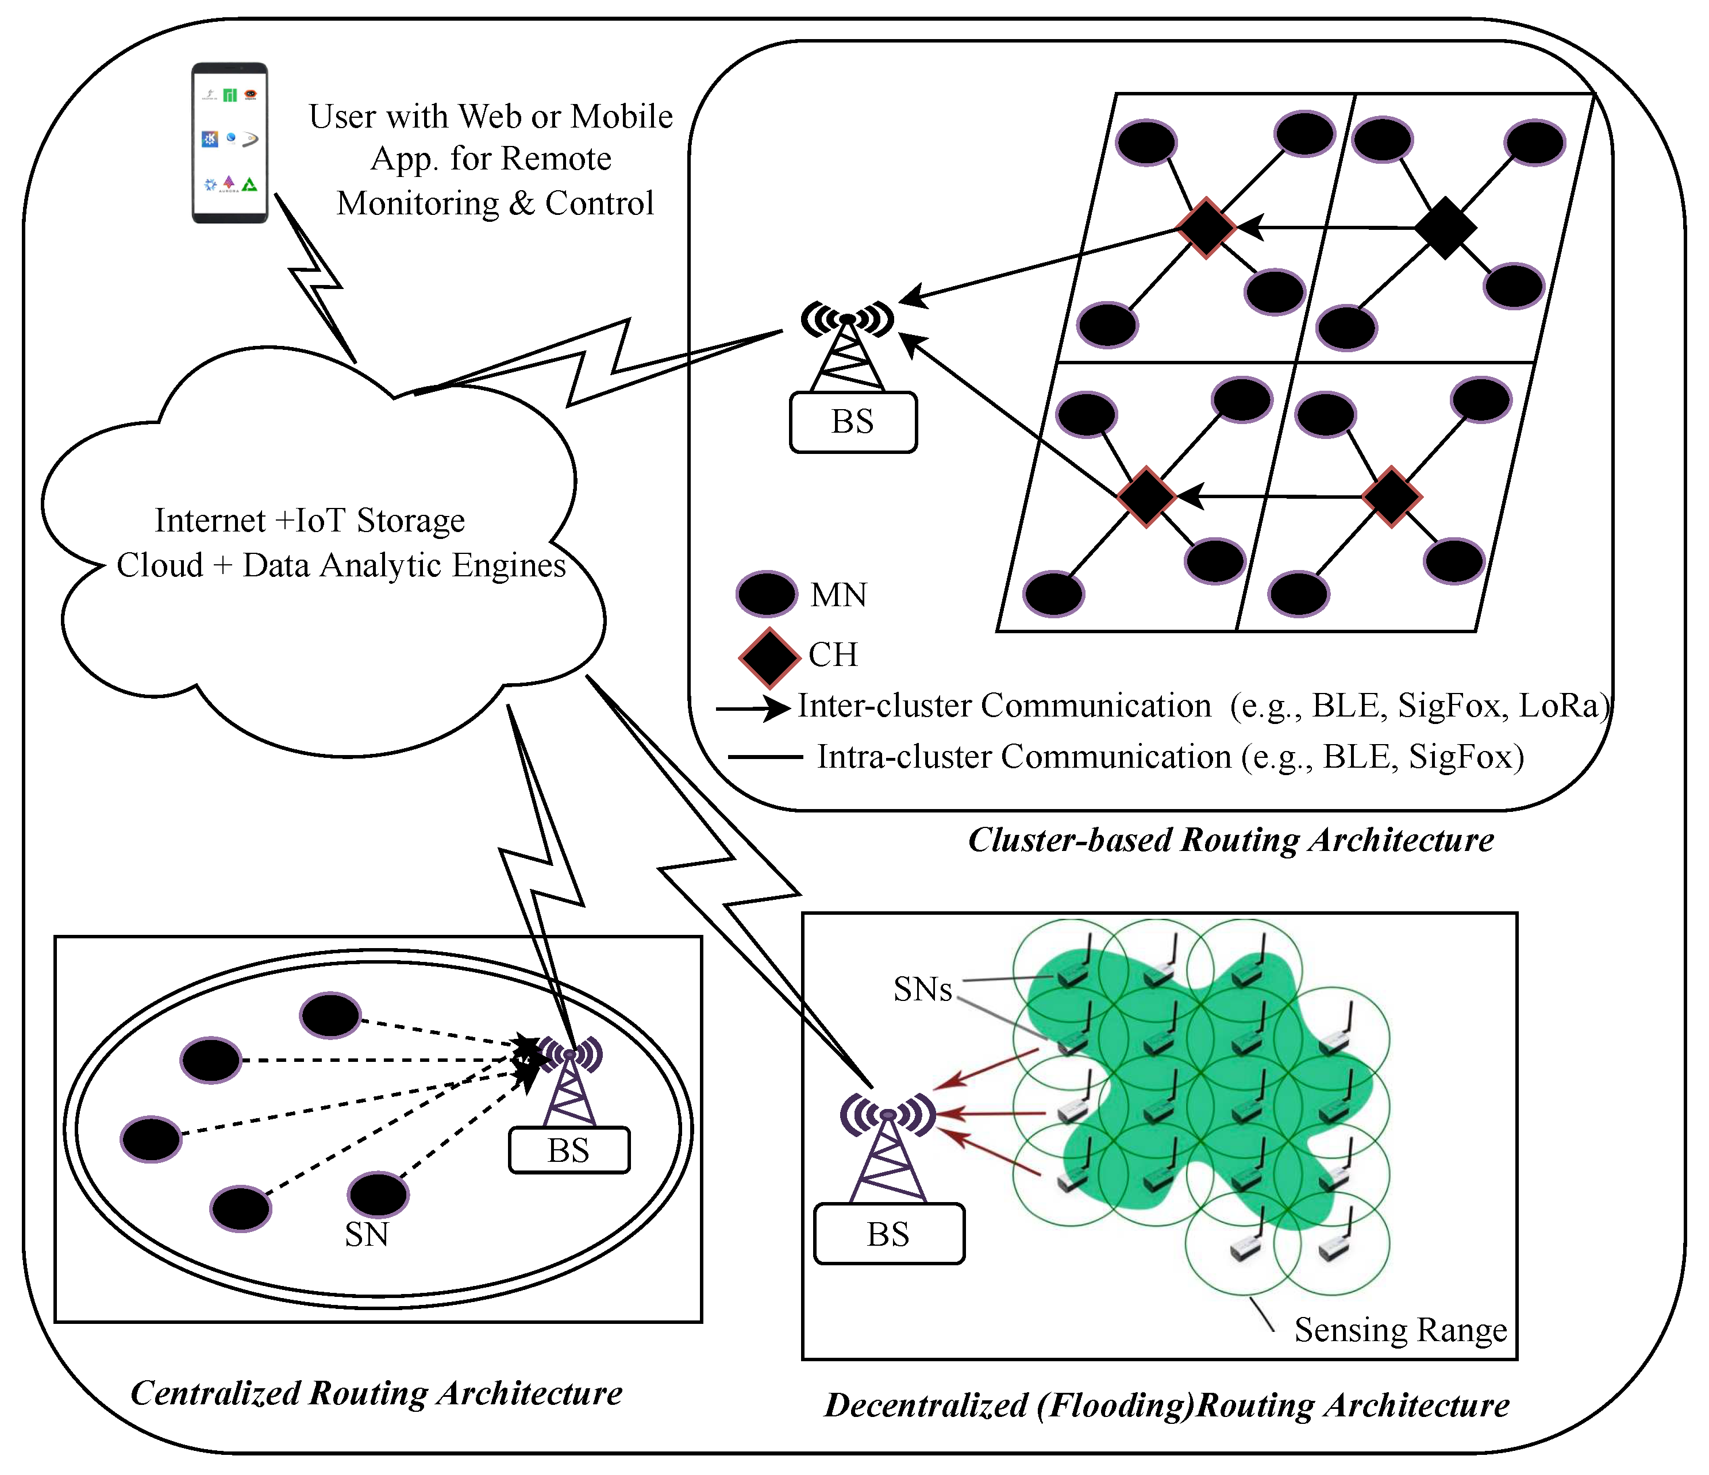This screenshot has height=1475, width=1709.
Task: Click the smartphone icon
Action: (x=229, y=142)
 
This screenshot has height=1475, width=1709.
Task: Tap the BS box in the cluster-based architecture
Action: (x=853, y=422)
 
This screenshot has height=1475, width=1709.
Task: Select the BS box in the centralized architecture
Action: (x=569, y=1150)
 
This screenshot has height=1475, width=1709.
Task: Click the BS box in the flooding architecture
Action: (x=888, y=1234)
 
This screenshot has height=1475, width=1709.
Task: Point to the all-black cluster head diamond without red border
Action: (x=1445, y=228)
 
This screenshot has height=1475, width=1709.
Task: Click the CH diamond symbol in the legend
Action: (x=769, y=657)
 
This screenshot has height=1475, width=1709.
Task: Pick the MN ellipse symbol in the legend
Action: (x=766, y=594)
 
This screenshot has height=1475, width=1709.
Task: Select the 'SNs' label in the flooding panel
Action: (x=922, y=989)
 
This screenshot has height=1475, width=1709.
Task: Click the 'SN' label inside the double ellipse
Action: (x=366, y=1234)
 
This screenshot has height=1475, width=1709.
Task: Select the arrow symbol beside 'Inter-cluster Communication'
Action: (x=752, y=708)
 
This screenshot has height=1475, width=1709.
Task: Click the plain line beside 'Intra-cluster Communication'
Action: (x=765, y=757)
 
